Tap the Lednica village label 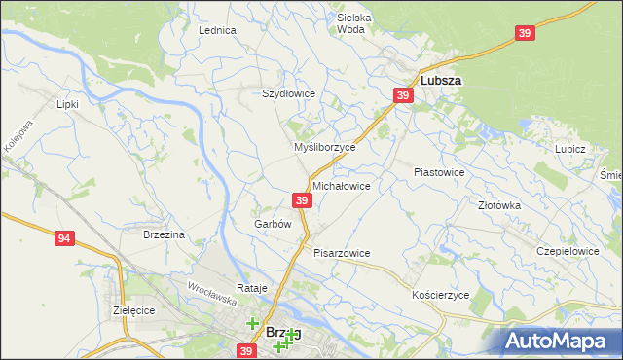point(217,30)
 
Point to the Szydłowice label point(288,93)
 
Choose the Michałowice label point(341,185)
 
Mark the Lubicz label point(569,149)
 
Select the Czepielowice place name point(568,250)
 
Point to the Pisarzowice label point(342,253)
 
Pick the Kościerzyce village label point(441,294)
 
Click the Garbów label point(273,224)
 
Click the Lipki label point(67,103)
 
